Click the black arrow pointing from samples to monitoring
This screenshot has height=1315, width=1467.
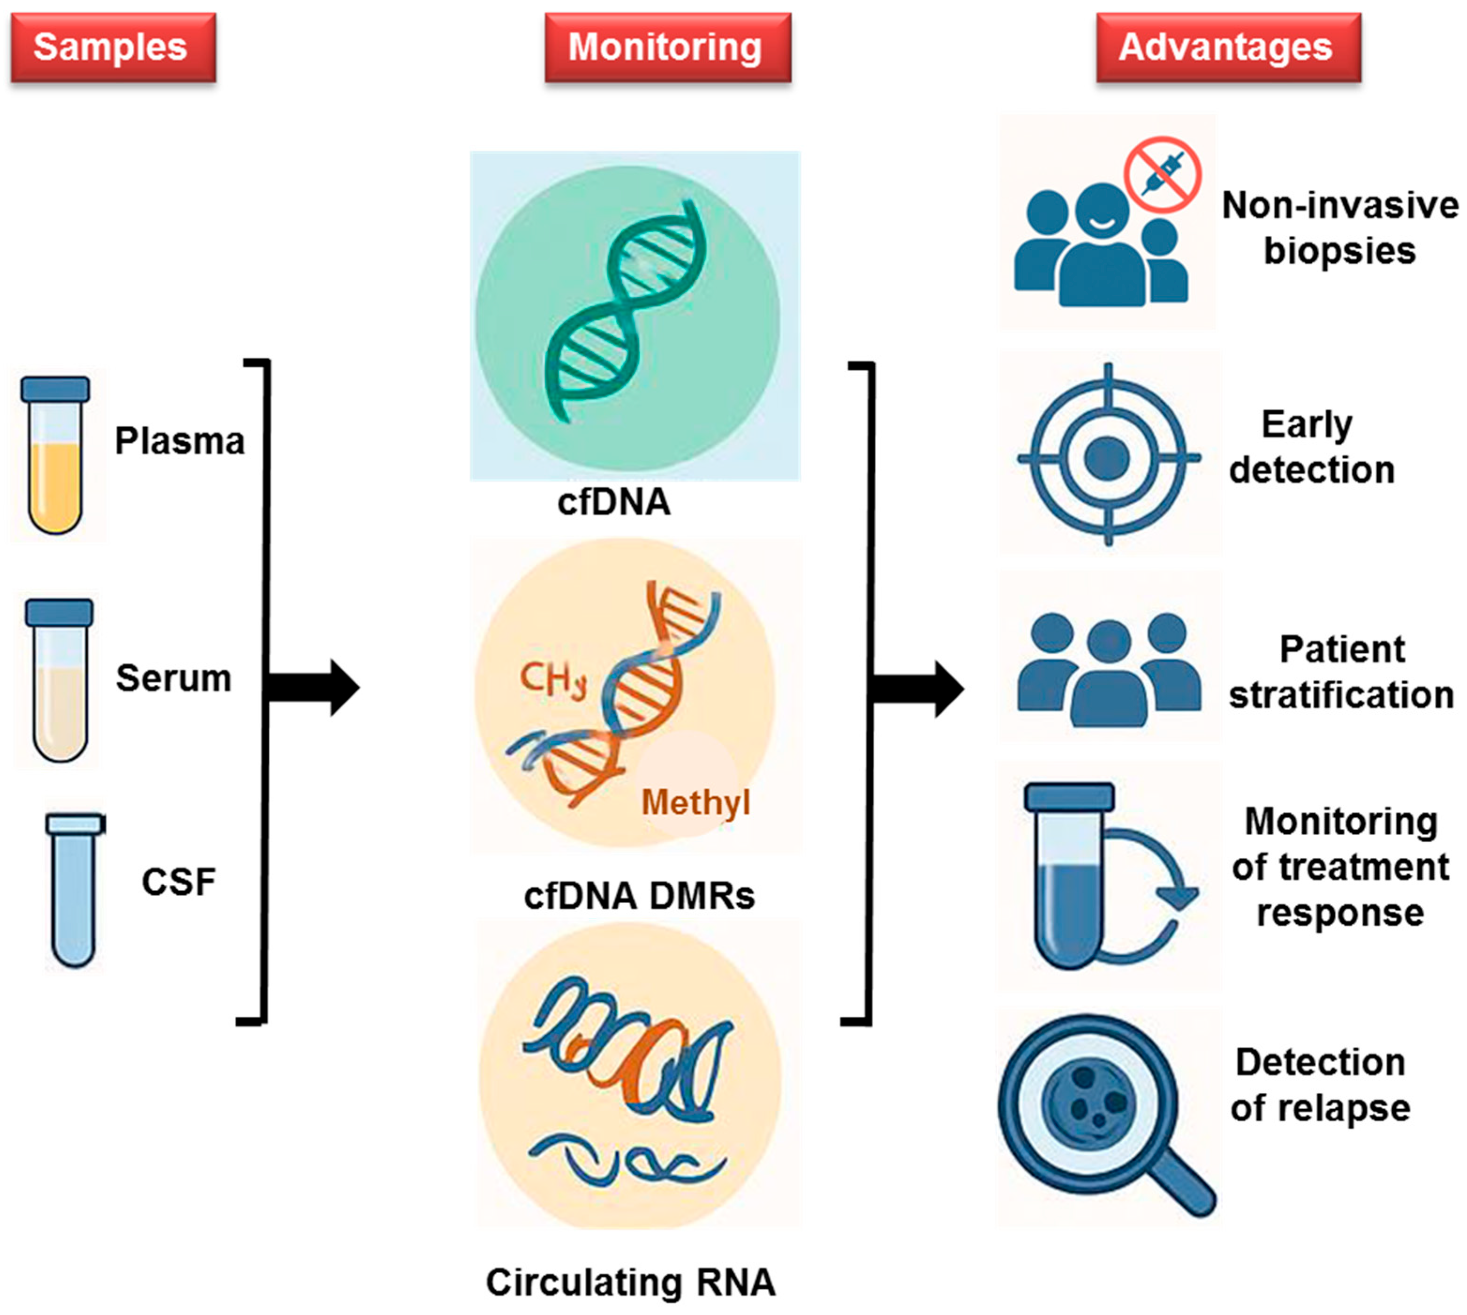tap(313, 687)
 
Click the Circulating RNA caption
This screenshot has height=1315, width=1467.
tap(631, 1283)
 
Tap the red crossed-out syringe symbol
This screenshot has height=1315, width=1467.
tap(1162, 174)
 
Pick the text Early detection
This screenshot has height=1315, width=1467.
tap(1311, 447)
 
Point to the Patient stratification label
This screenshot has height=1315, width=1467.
tap(1342, 672)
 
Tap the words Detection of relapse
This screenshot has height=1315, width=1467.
tap(1320, 1085)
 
